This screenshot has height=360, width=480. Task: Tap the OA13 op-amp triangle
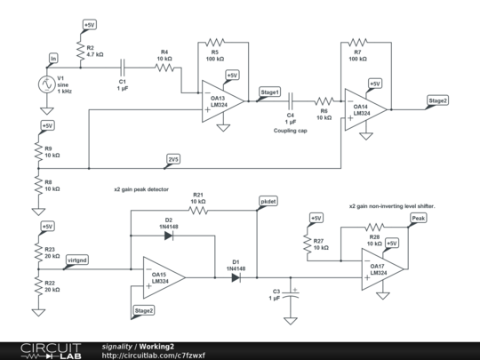click(215, 98)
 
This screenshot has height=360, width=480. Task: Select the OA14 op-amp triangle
click(366, 107)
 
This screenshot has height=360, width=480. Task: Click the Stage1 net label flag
click(269, 92)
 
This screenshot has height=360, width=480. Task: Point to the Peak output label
click(419, 217)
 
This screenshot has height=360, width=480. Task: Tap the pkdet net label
click(268, 202)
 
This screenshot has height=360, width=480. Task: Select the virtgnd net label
click(77, 259)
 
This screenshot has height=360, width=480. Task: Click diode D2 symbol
click(169, 235)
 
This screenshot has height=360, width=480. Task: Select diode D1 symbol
click(236, 277)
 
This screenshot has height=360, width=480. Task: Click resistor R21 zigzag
click(197, 211)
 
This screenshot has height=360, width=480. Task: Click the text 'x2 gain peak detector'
click(140, 190)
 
